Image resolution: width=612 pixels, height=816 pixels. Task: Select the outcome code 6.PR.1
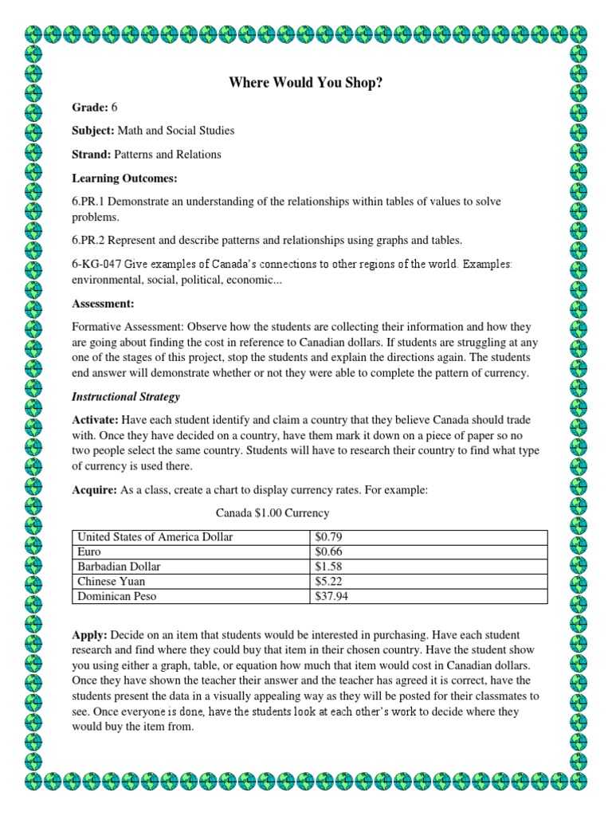(x=90, y=202)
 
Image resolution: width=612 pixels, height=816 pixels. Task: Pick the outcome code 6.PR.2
(x=90, y=241)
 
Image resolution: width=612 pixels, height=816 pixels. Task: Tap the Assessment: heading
(x=103, y=304)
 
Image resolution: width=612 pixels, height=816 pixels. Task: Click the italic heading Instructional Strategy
(x=126, y=396)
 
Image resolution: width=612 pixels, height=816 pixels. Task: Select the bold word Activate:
(x=94, y=420)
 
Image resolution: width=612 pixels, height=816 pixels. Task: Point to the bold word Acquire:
(x=93, y=491)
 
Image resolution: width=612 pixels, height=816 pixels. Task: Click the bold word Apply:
(x=89, y=634)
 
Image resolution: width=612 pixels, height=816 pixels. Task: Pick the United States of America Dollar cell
(x=154, y=537)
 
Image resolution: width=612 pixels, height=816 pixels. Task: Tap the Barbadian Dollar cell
(x=119, y=566)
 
